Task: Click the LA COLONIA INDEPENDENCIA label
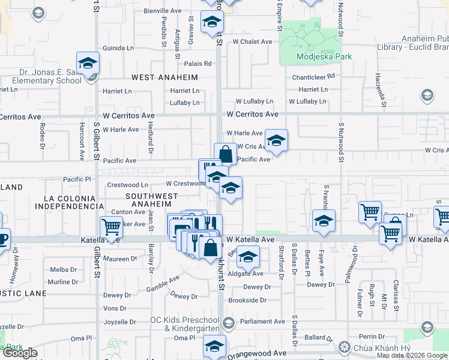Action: pyautogui.click(x=69, y=202)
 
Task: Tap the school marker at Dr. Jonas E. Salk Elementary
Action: pyautogui.click(x=88, y=64)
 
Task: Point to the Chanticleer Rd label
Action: pyautogui.click(x=313, y=77)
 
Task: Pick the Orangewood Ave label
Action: pyautogui.click(x=263, y=353)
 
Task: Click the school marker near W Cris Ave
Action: pyautogui.click(x=276, y=142)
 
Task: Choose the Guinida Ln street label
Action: pyautogui.click(x=118, y=48)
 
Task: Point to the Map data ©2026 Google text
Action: pyautogui.click(x=412, y=355)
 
